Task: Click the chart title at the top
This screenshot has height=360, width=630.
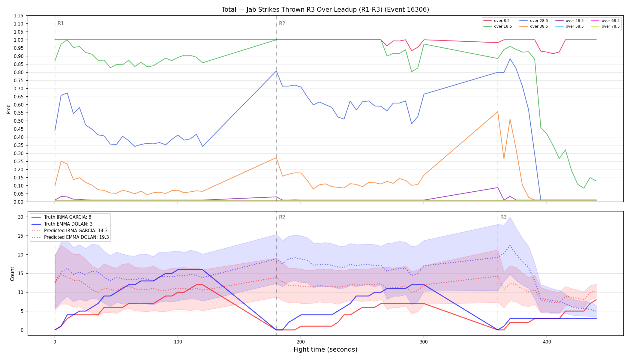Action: (x=325, y=10)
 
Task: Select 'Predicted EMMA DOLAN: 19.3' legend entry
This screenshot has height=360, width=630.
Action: (x=70, y=237)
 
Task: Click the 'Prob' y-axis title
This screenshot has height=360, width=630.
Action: (x=9, y=109)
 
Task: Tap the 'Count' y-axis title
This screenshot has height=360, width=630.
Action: (x=12, y=274)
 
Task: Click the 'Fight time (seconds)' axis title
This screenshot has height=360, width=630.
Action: (x=325, y=349)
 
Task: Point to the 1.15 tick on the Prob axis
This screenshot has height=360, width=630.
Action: (x=19, y=16)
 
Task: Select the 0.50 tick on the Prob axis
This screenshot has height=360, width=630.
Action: (x=19, y=121)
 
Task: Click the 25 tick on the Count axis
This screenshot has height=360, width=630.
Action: (x=21, y=236)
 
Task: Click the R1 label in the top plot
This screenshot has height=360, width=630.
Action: (x=61, y=24)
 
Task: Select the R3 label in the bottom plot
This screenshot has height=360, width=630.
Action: (x=503, y=217)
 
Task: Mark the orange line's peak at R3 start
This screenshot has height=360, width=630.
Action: (x=498, y=112)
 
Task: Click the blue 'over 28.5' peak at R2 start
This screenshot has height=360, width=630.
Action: (x=276, y=71)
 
